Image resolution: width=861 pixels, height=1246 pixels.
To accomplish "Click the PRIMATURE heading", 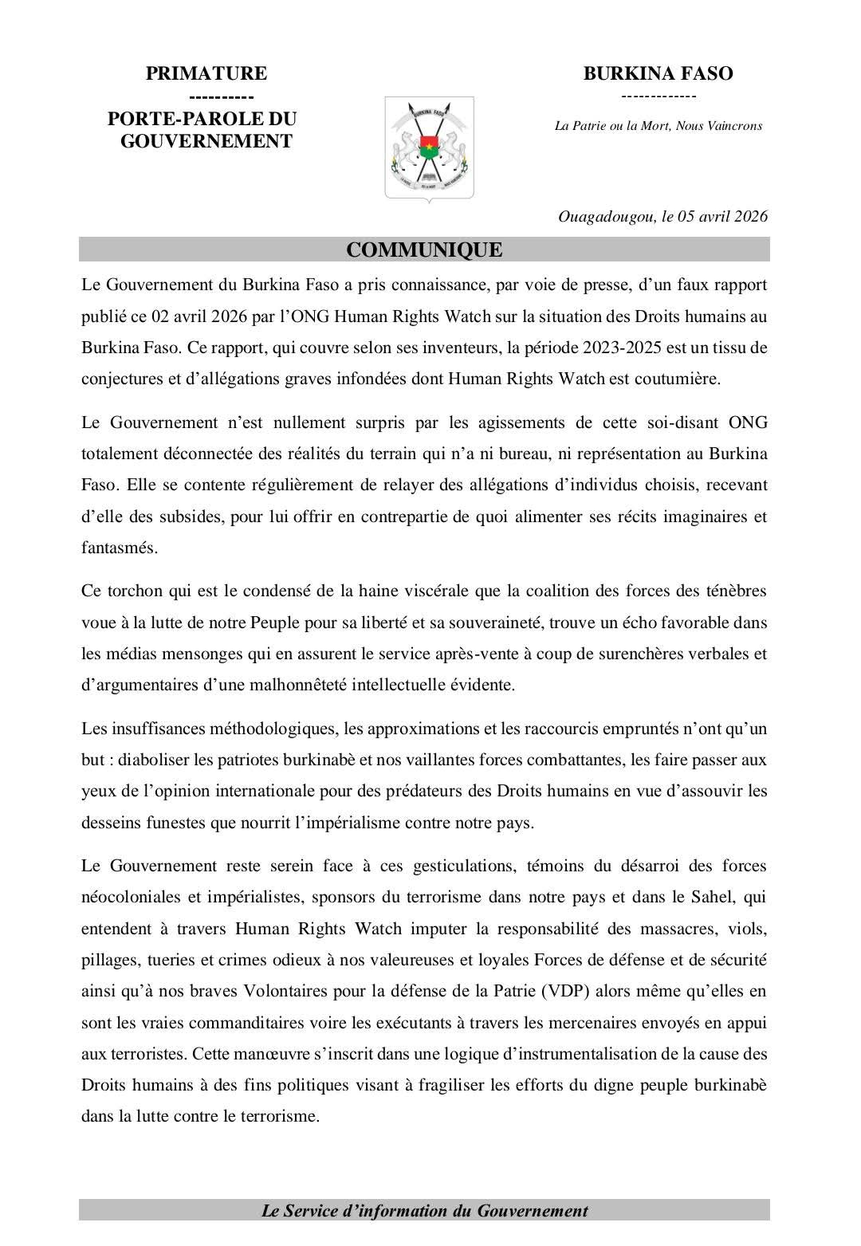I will tap(206, 74).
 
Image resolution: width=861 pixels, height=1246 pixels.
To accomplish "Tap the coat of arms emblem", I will tap(429, 148).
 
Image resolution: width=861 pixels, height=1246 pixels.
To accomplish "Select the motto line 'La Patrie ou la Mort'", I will tap(658, 126).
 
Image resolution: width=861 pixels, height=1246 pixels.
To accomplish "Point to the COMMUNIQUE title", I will tap(424, 250).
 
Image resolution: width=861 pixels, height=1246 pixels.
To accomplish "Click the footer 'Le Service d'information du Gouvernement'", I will tap(424, 1211).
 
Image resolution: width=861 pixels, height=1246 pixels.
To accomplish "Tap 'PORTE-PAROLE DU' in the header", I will tap(202, 120).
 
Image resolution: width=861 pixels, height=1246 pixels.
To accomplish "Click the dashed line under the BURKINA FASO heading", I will tap(658, 96).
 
